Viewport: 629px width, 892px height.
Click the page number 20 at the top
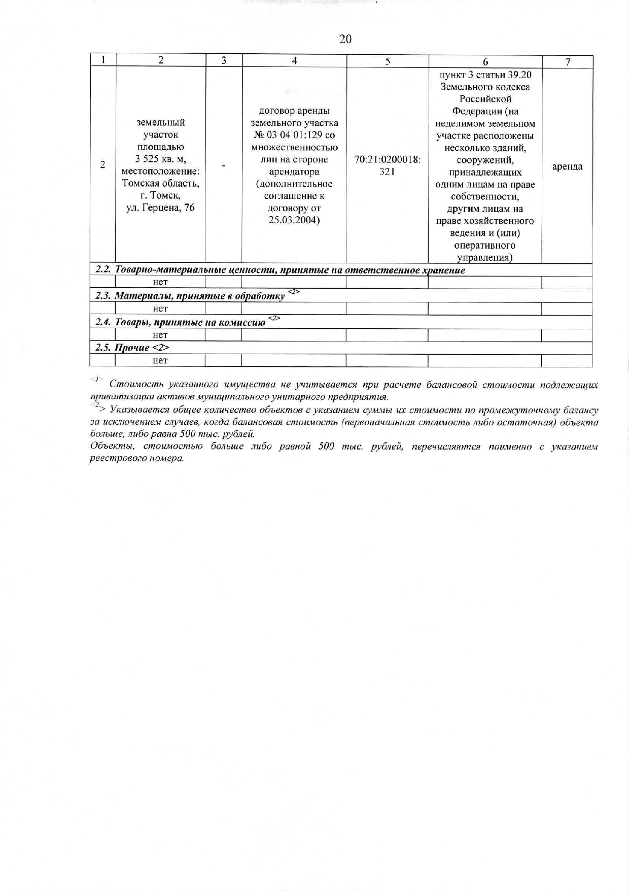345,39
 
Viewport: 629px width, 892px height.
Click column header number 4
294,60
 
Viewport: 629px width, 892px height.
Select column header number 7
568,62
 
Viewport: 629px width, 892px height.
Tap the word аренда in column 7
567,166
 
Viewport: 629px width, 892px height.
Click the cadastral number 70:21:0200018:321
387,165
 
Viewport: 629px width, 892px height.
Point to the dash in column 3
223,165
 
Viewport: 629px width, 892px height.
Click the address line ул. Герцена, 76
160,208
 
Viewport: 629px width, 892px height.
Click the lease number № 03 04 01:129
294,135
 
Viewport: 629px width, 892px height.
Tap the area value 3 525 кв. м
160,159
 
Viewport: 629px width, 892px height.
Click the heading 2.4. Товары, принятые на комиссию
181,322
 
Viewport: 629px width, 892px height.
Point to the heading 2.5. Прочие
132,348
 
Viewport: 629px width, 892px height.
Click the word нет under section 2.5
160,360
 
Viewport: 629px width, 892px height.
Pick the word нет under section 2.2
160,282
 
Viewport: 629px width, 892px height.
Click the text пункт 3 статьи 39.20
485,75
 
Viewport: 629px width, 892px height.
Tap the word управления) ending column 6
484,257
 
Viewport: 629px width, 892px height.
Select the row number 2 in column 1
102,164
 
